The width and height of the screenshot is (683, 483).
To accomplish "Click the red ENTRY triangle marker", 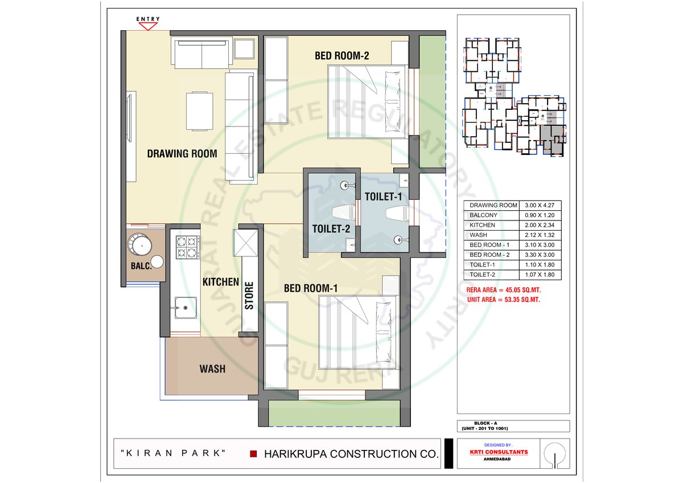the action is click(x=148, y=26).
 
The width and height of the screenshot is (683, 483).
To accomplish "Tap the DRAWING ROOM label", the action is click(x=182, y=153).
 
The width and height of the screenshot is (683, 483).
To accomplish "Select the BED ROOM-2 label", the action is click(x=342, y=55).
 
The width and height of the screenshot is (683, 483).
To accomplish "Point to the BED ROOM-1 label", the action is click(x=311, y=288).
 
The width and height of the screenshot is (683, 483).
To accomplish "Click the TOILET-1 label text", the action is click(x=383, y=197).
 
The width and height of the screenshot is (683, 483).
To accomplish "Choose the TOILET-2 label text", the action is click(x=331, y=229).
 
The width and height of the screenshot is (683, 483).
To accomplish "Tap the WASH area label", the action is click(x=212, y=369).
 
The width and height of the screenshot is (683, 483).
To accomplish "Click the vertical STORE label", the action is click(x=249, y=296).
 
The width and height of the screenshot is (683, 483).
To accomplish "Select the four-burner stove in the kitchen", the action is click(x=187, y=247).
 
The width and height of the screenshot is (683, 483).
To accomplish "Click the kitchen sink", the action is click(x=186, y=308).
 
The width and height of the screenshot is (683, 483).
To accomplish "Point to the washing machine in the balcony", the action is click(x=139, y=244).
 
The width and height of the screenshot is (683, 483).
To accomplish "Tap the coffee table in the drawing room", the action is click(x=200, y=112).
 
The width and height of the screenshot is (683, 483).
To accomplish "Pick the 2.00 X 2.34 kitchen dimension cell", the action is click(x=540, y=225).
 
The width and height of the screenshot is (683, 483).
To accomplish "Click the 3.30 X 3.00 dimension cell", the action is click(x=540, y=255).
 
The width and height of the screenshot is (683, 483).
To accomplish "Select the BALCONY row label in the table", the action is click(x=483, y=215).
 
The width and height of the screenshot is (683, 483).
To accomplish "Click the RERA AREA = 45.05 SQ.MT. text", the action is click(x=503, y=290).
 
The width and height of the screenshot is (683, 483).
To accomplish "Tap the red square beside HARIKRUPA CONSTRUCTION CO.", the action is click(x=253, y=454).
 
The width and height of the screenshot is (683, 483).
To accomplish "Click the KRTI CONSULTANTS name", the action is click(x=499, y=452).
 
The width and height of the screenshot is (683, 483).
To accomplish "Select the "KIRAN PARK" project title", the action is click(x=173, y=453).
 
